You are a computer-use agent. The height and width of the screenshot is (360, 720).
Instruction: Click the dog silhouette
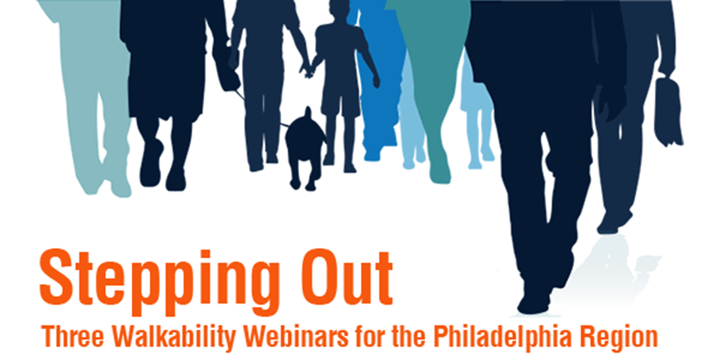pyautogui.click(x=306, y=146)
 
